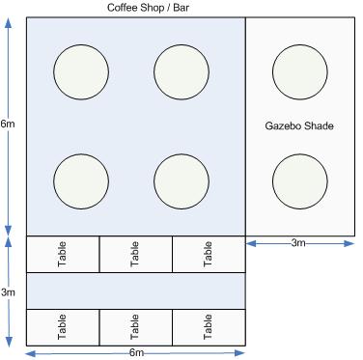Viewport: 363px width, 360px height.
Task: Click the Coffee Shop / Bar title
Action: (x=148, y=8)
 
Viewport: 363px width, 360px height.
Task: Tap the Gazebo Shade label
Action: (x=299, y=125)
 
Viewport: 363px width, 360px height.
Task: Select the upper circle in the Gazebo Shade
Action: (x=300, y=72)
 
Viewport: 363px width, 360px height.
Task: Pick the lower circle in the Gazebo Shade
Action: (x=300, y=181)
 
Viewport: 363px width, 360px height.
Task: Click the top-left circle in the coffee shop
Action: (x=81, y=72)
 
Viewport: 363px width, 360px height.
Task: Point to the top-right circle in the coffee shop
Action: (x=181, y=72)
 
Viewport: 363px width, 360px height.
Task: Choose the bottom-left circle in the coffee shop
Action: (x=81, y=181)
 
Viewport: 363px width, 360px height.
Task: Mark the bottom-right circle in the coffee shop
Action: (x=181, y=181)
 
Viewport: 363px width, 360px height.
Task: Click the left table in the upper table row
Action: (x=63, y=254)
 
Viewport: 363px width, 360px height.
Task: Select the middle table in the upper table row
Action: (x=136, y=254)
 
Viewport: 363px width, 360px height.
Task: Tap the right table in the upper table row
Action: (x=209, y=254)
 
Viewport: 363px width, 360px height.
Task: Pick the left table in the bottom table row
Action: (x=63, y=327)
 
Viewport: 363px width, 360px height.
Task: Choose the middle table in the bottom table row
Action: (x=136, y=327)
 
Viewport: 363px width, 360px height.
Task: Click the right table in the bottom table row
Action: (x=209, y=327)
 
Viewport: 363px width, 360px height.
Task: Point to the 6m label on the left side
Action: (x=8, y=124)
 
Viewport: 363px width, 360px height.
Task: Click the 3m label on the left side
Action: (x=8, y=292)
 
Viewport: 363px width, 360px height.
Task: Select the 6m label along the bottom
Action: (x=136, y=352)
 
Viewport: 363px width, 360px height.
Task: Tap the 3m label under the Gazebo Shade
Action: (x=298, y=243)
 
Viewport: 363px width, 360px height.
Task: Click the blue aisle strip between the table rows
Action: (x=136, y=291)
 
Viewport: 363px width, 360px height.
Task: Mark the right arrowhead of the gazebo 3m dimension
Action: (x=349, y=243)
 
